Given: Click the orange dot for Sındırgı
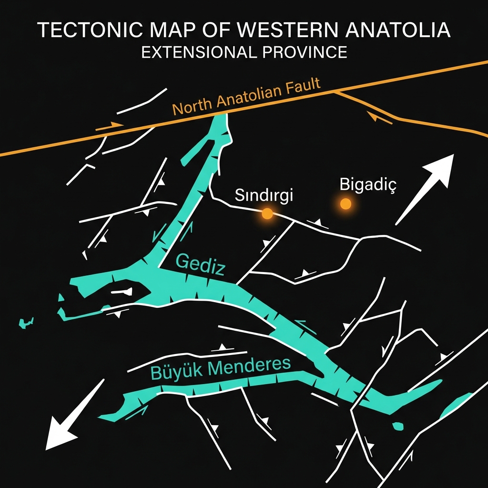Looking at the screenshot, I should [x=267, y=213].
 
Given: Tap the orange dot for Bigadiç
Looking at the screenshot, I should [x=346, y=204].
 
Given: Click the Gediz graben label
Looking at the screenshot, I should [x=200, y=265].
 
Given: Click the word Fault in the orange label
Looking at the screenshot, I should [x=303, y=89].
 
